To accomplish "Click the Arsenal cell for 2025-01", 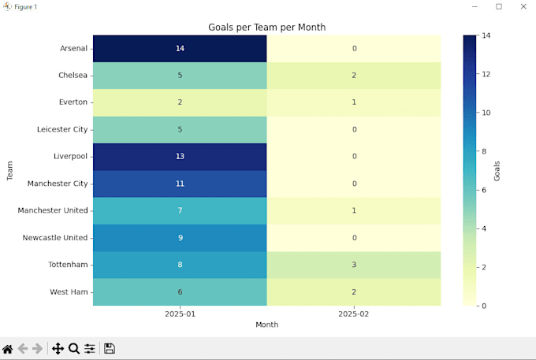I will [180, 49].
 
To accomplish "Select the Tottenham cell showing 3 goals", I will [354, 265].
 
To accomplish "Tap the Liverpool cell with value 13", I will [180, 157].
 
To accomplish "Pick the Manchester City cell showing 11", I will [180, 184].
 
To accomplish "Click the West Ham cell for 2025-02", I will [354, 291].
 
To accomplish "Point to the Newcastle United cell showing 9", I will [180, 237].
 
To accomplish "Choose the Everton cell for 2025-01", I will [180, 102].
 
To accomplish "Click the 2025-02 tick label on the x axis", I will [354, 314].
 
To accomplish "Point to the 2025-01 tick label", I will [180, 314].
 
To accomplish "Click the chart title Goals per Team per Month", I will [266, 28].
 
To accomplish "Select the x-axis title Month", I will [266, 325].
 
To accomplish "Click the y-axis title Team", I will [10, 170].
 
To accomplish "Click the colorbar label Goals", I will [497, 170].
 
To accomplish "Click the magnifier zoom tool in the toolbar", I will [74, 348].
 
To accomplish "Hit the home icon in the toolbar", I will [8, 348].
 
